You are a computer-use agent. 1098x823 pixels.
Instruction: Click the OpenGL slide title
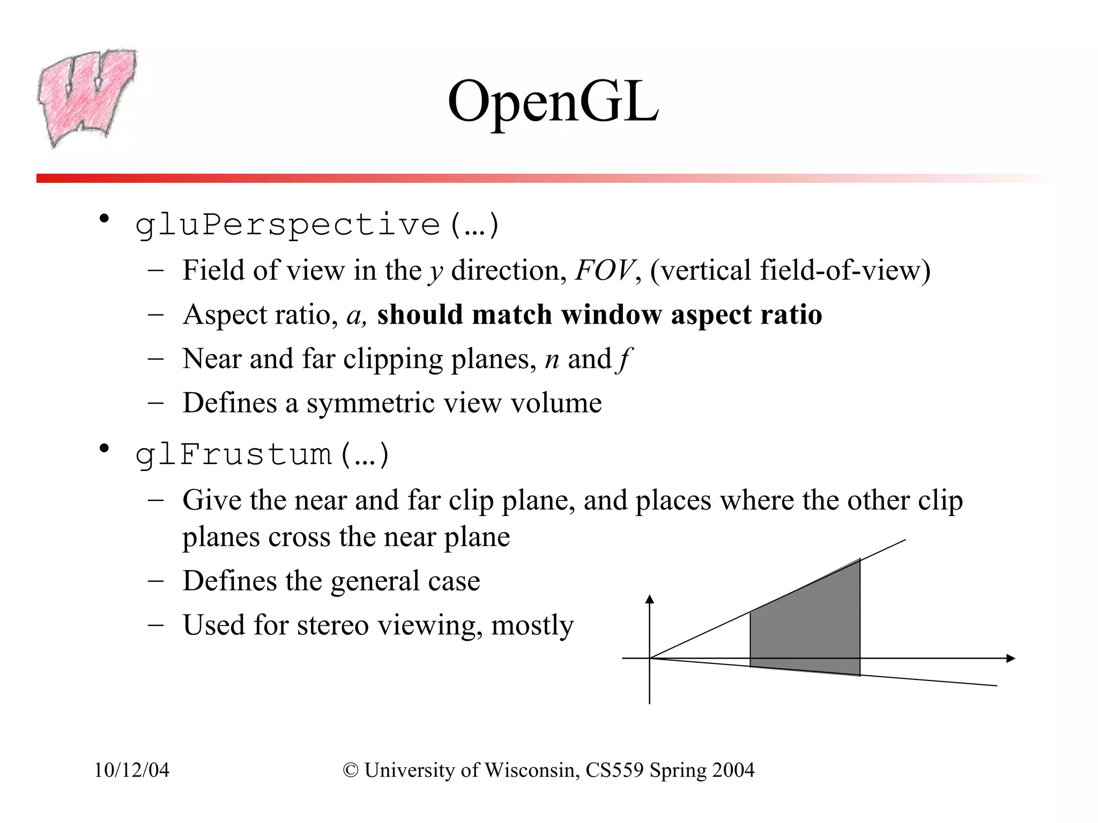click(x=553, y=102)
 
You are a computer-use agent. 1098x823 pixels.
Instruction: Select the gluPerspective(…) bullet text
click(x=317, y=225)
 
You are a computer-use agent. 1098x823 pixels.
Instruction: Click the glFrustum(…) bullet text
click(x=262, y=455)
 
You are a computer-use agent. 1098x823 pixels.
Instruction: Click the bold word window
click(x=611, y=315)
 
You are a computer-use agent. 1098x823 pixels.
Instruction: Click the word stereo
click(x=332, y=625)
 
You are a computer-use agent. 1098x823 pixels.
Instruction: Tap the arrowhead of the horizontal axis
click(x=1011, y=658)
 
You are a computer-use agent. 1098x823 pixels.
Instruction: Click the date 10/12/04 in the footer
click(x=131, y=770)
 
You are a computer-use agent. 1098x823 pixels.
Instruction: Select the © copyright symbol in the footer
click(x=351, y=770)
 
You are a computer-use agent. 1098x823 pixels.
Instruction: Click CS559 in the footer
click(x=614, y=770)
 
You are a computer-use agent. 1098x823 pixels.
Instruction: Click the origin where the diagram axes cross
click(x=650, y=658)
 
